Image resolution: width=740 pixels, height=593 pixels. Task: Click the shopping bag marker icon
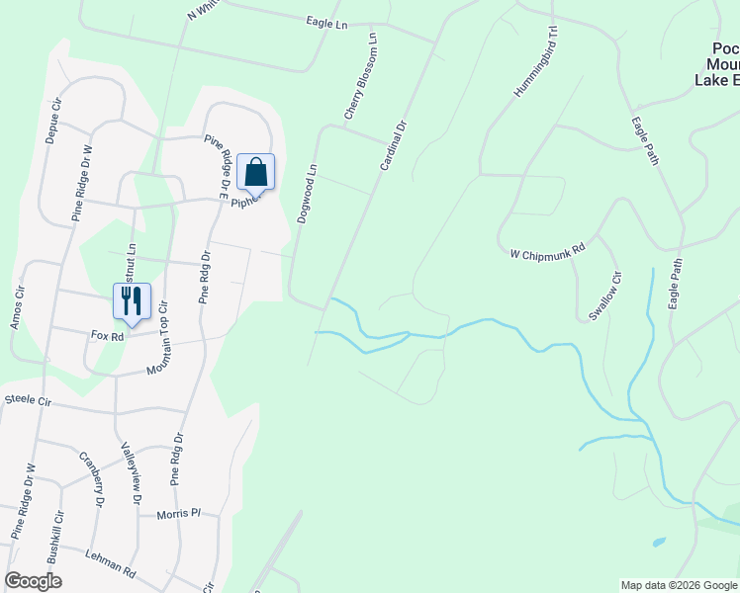[x=255, y=172]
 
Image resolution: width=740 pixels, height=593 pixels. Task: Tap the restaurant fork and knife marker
[x=131, y=300]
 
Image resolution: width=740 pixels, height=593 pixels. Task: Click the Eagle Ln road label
[x=327, y=22]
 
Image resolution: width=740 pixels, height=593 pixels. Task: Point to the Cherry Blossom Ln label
[x=359, y=79]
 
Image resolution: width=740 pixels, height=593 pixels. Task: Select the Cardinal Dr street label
[x=394, y=145]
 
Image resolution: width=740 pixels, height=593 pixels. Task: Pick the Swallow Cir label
[x=605, y=296]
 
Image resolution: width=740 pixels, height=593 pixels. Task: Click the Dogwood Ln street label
[x=306, y=194]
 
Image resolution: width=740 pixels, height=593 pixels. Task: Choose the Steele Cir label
[x=28, y=400]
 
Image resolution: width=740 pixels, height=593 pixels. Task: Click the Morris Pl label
[x=178, y=514]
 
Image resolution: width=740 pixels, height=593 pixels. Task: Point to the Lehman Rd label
[x=110, y=563]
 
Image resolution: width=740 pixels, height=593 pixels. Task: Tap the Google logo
[x=33, y=581]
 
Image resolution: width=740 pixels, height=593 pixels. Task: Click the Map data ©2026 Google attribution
[x=678, y=585]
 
